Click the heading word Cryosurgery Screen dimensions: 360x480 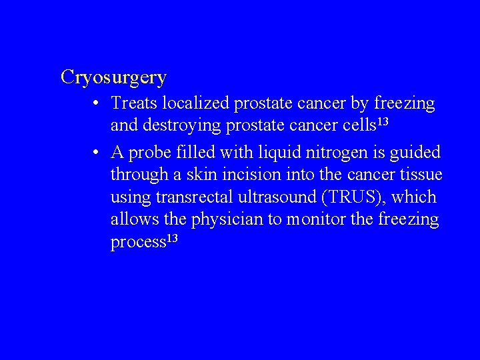(113, 77)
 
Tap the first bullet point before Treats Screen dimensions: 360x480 (97, 104)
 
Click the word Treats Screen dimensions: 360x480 (133, 103)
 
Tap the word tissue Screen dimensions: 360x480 (421, 175)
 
